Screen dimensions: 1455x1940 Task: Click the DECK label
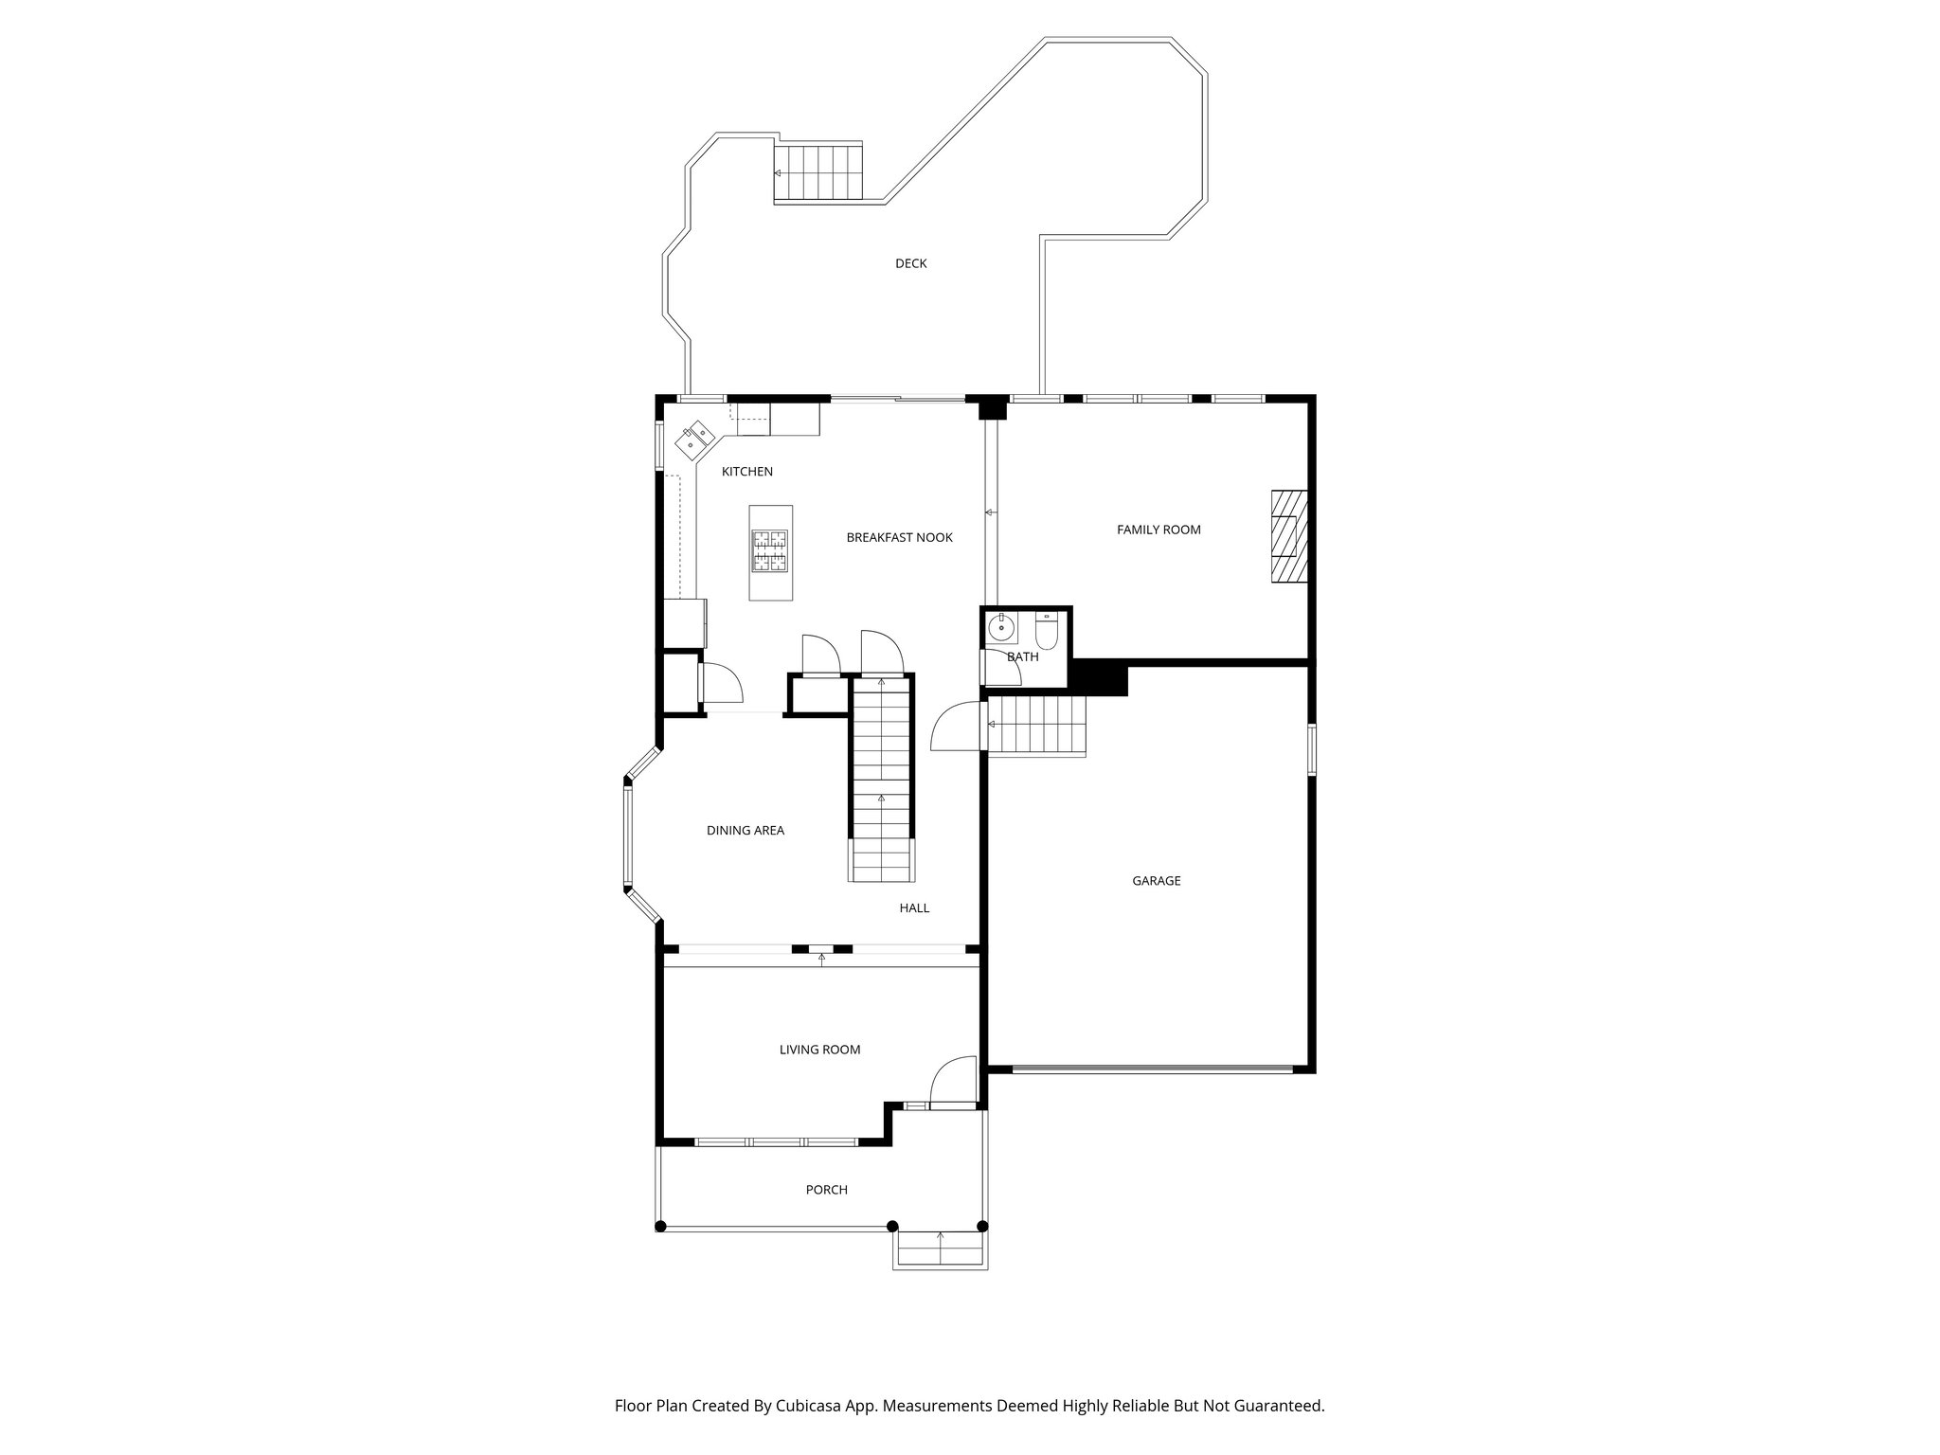pyautogui.click(x=910, y=263)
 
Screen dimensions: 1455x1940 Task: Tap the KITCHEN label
pyautogui.click(x=747, y=472)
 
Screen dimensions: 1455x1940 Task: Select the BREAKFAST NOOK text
pyautogui.click(x=899, y=538)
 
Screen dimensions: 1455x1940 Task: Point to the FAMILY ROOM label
pyautogui.click(x=1159, y=530)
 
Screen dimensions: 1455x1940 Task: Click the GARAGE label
pyautogui.click(x=1156, y=881)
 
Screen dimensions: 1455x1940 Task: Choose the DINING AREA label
pyautogui.click(x=745, y=831)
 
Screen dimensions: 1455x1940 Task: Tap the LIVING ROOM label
pyautogui.click(x=819, y=1050)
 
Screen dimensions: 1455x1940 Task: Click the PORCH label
pyautogui.click(x=826, y=1190)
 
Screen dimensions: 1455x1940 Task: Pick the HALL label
pyautogui.click(x=913, y=908)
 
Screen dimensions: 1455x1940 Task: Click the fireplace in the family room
pyautogui.click(x=1288, y=536)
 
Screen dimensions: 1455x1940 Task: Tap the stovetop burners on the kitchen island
pyautogui.click(x=769, y=551)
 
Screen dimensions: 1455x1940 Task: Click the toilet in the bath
pyautogui.click(x=1046, y=631)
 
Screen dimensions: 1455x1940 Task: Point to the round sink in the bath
pyautogui.click(x=1001, y=628)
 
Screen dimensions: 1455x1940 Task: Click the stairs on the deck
pyautogui.click(x=819, y=172)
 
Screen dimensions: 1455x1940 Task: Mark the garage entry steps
pyautogui.click(x=1036, y=726)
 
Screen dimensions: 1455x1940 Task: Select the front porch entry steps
pyautogui.click(x=940, y=1250)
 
